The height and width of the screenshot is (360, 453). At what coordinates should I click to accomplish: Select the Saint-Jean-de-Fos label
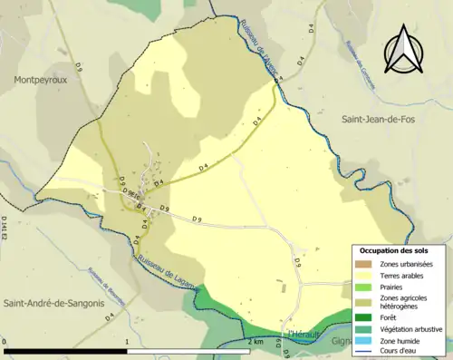pyautogui.click(x=377, y=119)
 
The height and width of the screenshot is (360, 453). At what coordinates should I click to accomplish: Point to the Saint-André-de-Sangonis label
pyautogui.click(x=53, y=303)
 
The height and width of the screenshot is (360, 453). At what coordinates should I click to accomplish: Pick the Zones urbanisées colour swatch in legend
pyautogui.click(x=362, y=263)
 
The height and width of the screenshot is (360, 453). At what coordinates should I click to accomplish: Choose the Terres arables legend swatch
pyautogui.click(x=362, y=275)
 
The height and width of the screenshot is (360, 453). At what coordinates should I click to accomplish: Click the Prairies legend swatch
pyautogui.click(x=362, y=287)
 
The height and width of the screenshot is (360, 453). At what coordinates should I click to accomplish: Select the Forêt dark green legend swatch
pyautogui.click(x=362, y=317)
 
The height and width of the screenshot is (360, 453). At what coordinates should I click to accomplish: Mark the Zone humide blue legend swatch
pyautogui.click(x=362, y=340)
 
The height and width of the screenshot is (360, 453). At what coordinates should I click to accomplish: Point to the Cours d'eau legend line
pyautogui.click(x=362, y=352)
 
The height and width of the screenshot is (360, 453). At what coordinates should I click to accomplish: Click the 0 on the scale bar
pyautogui.click(x=5, y=342)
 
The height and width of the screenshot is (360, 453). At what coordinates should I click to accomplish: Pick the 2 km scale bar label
pyautogui.click(x=255, y=342)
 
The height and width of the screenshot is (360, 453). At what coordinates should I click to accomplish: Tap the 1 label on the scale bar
pyautogui.click(x=127, y=342)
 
